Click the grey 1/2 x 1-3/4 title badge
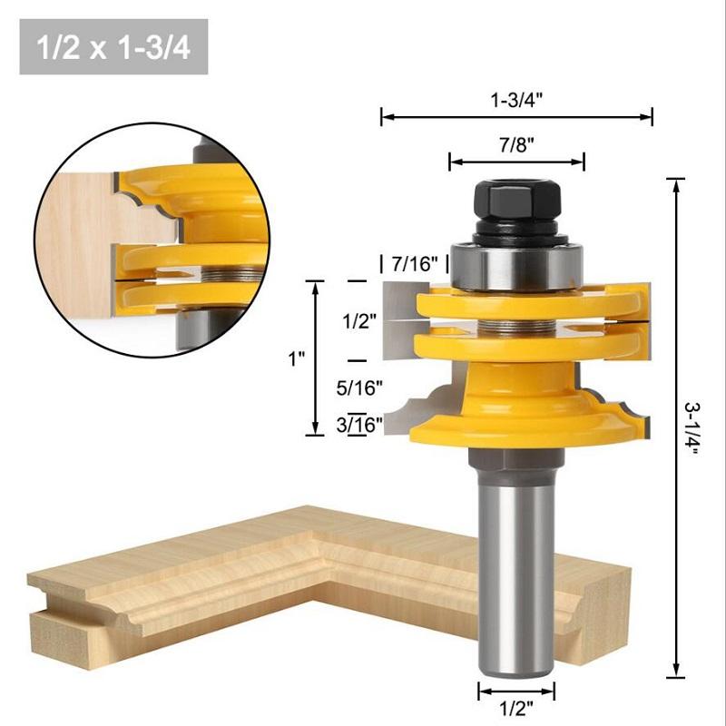(x=113, y=46)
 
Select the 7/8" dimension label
(x=516, y=144)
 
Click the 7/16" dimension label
(x=414, y=264)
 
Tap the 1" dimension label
(x=296, y=358)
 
